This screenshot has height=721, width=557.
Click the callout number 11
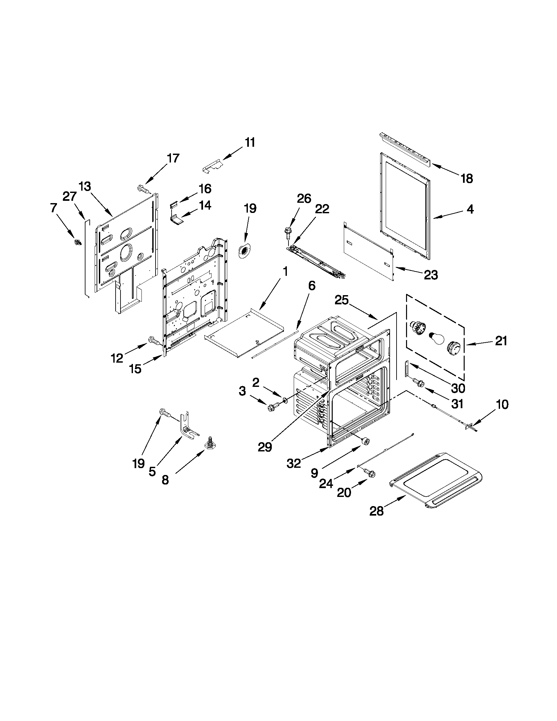250,143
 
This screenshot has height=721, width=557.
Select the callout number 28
377,511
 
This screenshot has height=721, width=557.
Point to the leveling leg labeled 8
210,443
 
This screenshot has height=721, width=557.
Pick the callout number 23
431,275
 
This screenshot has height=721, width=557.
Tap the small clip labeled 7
78,243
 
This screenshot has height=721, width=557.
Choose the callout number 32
293,464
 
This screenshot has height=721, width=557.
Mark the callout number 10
502,405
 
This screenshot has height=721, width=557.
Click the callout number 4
470,209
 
